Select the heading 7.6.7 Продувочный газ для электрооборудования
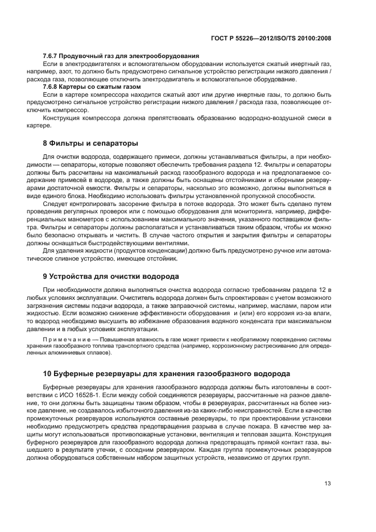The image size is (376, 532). point(121,56)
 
